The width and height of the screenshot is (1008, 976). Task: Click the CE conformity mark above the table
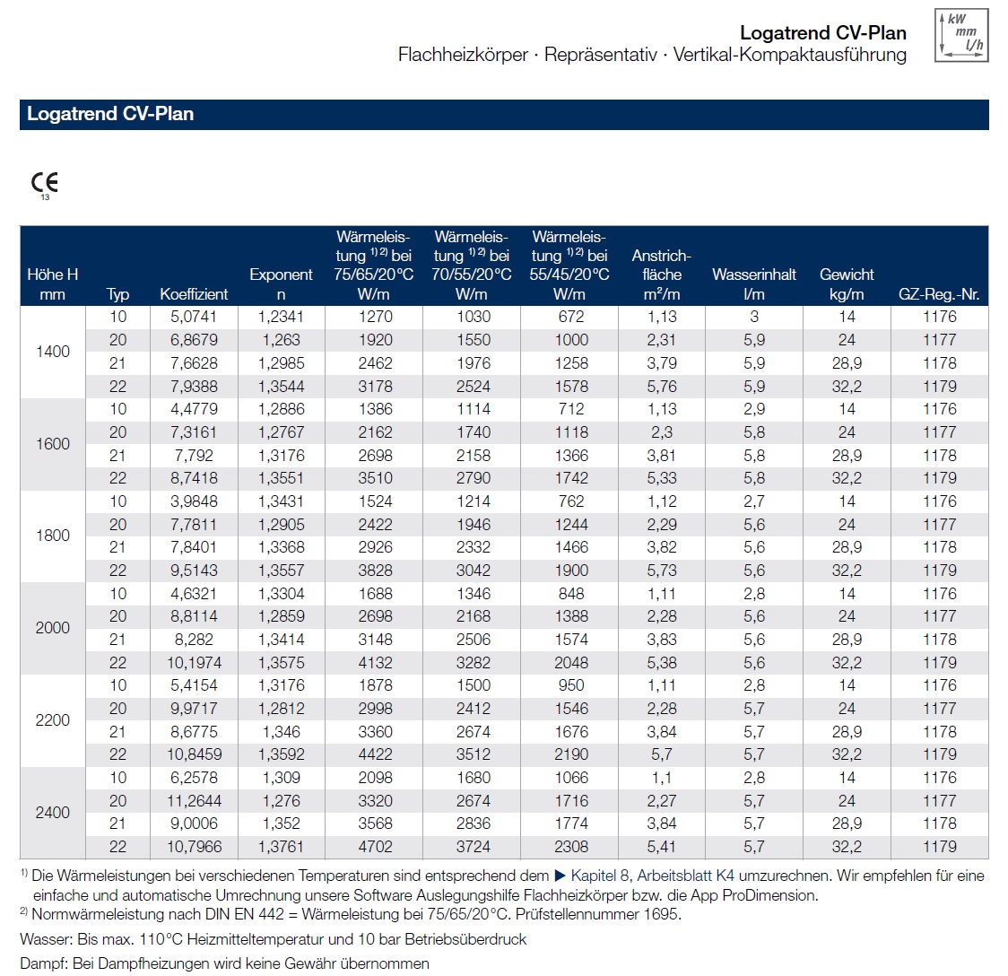(44, 184)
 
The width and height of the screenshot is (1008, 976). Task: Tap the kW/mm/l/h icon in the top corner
(961, 36)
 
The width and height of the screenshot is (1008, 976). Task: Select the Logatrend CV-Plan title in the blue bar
(110, 114)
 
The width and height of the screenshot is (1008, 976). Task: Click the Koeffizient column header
(194, 294)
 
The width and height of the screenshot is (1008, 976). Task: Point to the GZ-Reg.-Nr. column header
(939, 294)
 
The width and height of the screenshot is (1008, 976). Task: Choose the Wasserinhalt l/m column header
(754, 283)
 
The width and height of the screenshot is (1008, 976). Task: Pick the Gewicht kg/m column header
(847, 283)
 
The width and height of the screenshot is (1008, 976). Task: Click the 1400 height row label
(53, 352)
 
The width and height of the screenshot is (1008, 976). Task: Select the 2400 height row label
(53, 813)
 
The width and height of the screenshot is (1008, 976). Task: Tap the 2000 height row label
(53, 628)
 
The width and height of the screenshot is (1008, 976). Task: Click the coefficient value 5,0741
(194, 317)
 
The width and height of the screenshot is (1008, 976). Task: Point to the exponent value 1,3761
(282, 847)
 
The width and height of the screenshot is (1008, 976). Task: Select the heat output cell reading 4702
(375, 847)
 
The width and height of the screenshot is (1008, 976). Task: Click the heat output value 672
(570, 317)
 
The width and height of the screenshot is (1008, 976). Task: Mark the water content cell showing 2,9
(754, 409)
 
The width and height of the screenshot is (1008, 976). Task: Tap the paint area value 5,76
(662, 387)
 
